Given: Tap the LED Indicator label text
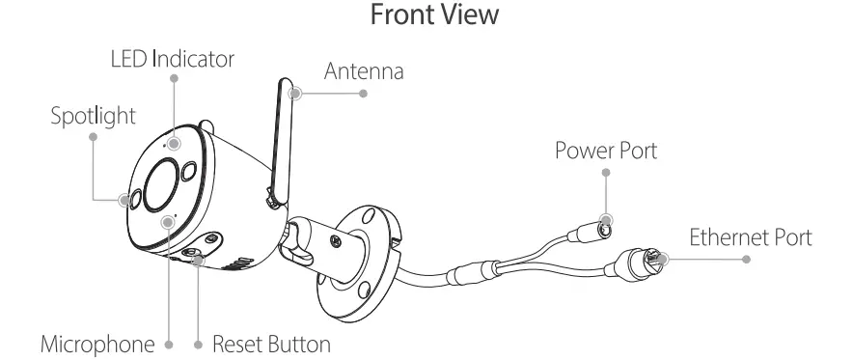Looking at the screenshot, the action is tap(173, 60).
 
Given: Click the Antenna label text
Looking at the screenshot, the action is tap(364, 71).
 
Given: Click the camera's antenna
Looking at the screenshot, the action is tap(280, 140).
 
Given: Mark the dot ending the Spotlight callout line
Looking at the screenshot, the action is tap(94, 137).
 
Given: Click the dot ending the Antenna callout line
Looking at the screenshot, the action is tap(364, 94).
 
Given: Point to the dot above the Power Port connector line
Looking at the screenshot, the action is tap(605, 174).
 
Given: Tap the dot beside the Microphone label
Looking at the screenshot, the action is tap(169, 343).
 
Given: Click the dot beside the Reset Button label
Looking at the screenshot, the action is tap(197, 343).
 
